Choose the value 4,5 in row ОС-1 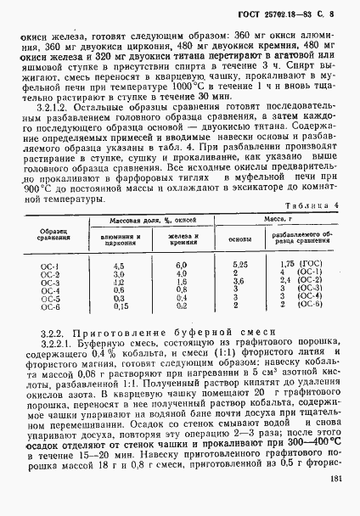120,266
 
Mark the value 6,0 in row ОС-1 180,266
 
